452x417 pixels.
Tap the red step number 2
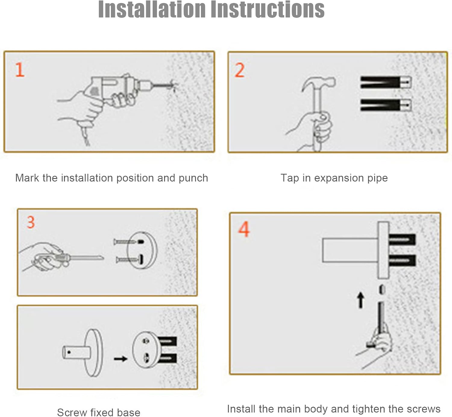(240, 70)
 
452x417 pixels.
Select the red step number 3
(31, 222)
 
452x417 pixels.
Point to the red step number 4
(244, 229)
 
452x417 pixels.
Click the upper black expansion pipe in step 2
(386, 82)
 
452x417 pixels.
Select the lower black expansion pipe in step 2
(386, 105)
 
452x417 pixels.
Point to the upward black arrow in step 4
(360, 300)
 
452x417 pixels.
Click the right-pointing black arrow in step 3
(121, 359)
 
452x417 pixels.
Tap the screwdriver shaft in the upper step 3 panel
(86, 258)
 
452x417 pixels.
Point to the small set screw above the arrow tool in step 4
(382, 290)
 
